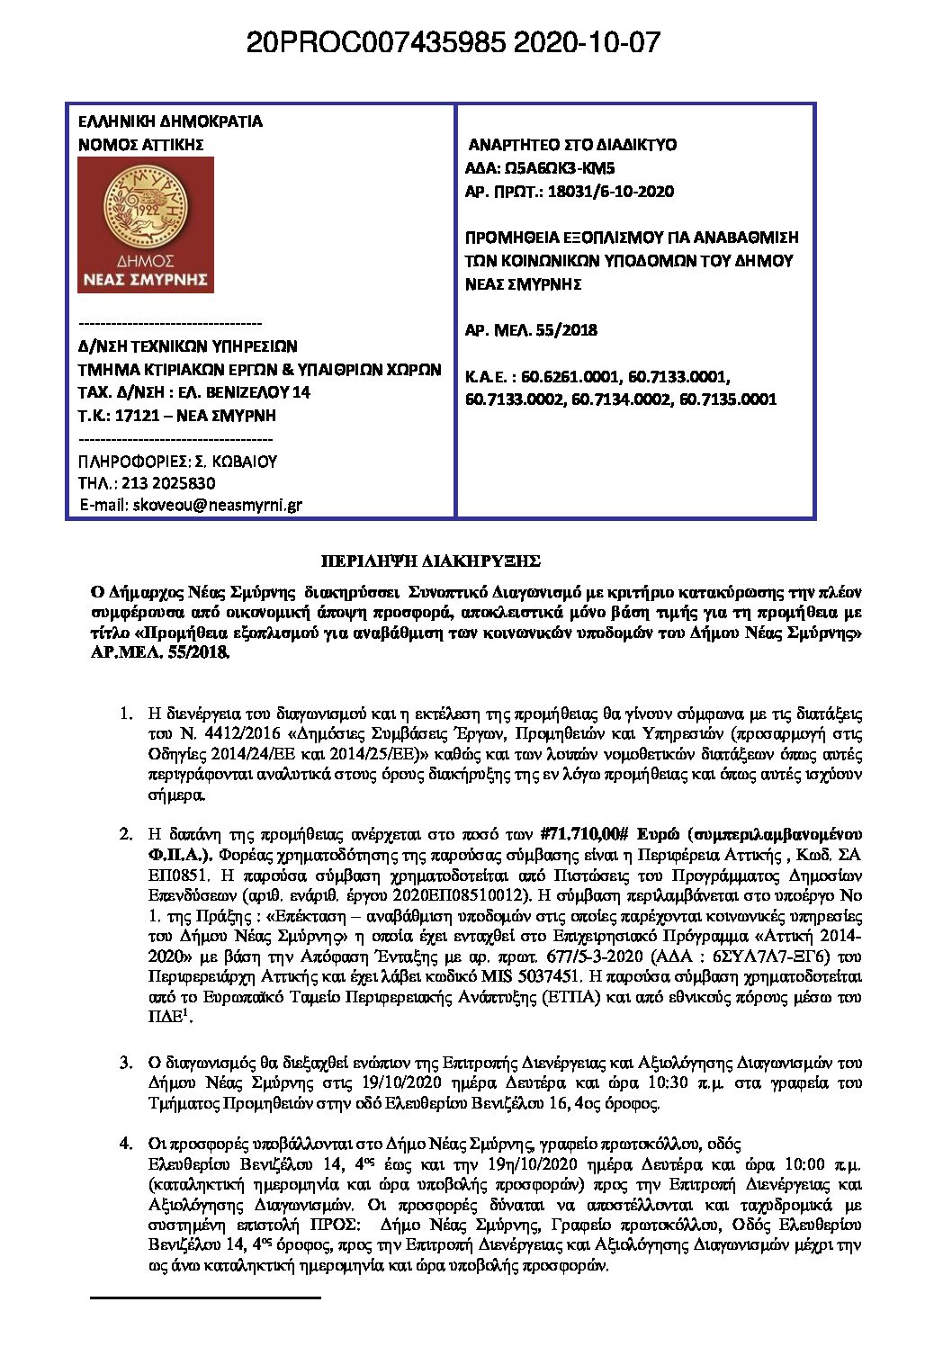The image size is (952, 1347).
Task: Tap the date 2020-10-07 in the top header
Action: coord(587,42)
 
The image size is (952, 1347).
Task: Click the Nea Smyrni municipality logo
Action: coord(146,225)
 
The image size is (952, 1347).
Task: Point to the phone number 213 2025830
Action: coord(168,483)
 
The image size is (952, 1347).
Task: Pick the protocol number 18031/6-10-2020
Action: coord(597,192)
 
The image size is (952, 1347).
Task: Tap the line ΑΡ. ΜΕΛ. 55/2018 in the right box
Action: coord(531,330)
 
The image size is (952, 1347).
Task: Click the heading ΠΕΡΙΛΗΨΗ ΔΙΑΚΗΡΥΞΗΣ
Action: coord(431,561)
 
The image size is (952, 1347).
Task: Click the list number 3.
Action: coord(126,1063)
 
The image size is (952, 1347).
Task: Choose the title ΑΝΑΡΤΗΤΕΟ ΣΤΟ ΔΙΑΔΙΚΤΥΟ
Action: coord(572,145)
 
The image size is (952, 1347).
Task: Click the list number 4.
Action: coord(126,1144)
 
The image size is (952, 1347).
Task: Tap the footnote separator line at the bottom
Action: coord(206,1298)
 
